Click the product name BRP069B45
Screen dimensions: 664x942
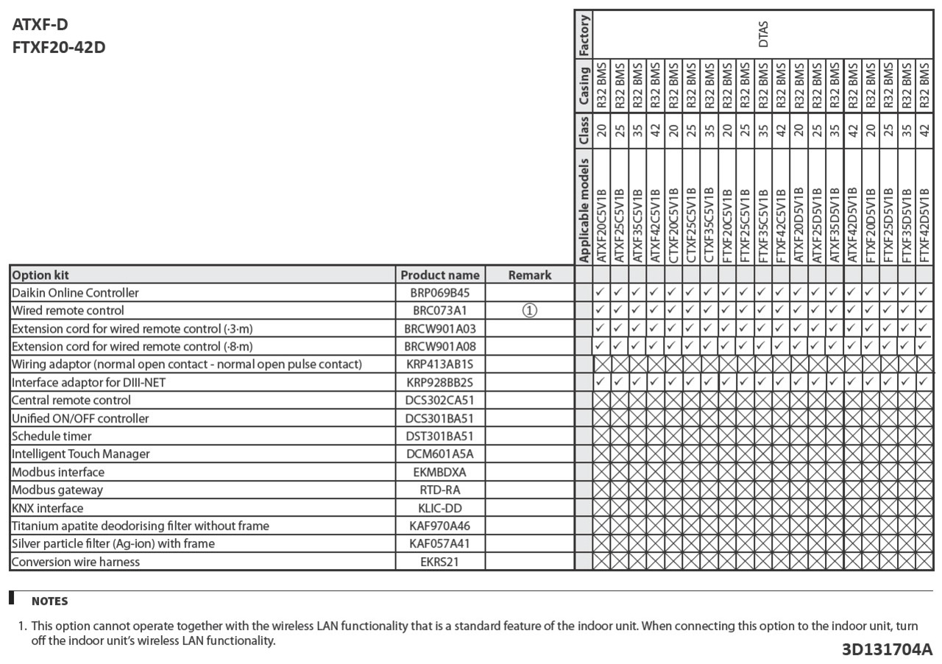pyautogui.click(x=440, y=293)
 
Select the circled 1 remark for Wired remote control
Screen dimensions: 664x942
pyautogui.click(x=529, y=311)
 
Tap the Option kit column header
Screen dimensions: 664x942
pyautogui.click(x=40, y=275)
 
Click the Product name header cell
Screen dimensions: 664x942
pyautogui.click(x=440, y=275)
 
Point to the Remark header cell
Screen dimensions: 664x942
pyautogui.click(x=529, y=275)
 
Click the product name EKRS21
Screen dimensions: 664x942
pyautogui.click(x=440, y=562)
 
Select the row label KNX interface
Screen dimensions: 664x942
pyautogui.click(x=48, y=508)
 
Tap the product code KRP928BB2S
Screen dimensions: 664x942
pyautogui.click(x=440, y=383)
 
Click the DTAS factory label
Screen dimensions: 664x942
pyautogui.click(x=763, y=34)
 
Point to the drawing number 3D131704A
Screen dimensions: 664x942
pyautogui.click(x=887, y=649)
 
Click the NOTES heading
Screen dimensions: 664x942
pyautogui.click(x=49, y=601)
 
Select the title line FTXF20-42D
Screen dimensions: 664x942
pyautogui.click(x=59, y=48)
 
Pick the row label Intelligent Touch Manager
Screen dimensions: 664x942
pyautogui.click(x=81, y=454)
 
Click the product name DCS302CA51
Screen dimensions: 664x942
pyautogui.click(x=440, y=400)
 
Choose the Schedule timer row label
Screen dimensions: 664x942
pyautogui.click(x=52, y=437)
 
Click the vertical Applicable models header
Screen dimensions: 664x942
pyautogui.click(x=584, y=210)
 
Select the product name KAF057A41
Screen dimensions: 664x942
pyautogui.click(x=440, y=544)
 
